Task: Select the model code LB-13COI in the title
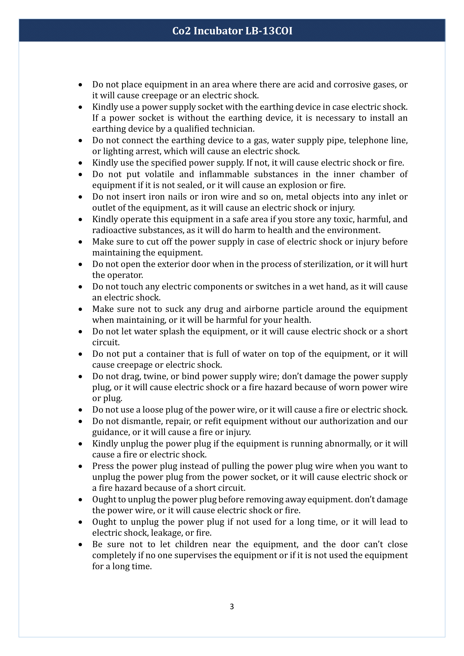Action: pyautogui.click(x=269, y=31)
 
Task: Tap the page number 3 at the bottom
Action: pyautogui.click(x=232, y=606)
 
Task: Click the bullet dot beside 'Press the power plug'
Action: pyautogui.click(x=81, y=467)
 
